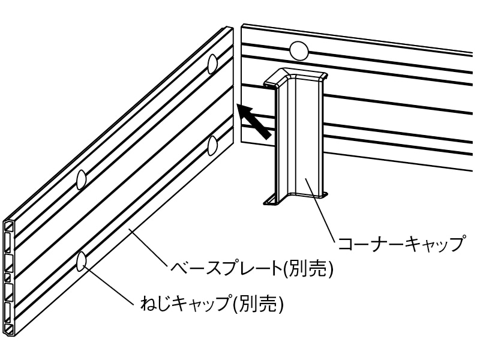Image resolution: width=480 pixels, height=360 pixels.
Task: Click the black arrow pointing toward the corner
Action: [x=253, y=122]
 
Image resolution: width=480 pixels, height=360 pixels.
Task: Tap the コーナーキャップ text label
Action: [x=401, y=244]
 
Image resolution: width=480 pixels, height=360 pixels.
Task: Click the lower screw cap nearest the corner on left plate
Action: [x=212, y=145]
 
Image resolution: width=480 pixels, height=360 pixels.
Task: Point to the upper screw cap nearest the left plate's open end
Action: [x=81, y=179]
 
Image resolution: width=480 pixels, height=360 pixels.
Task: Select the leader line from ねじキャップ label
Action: [x=108, y=282]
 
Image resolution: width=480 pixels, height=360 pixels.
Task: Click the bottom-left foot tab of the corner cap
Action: [x=270, y=200]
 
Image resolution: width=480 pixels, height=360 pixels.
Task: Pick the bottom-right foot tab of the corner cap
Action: [x=323, y=194]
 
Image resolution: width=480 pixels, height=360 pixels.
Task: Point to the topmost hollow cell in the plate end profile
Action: [x=10, y=226]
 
